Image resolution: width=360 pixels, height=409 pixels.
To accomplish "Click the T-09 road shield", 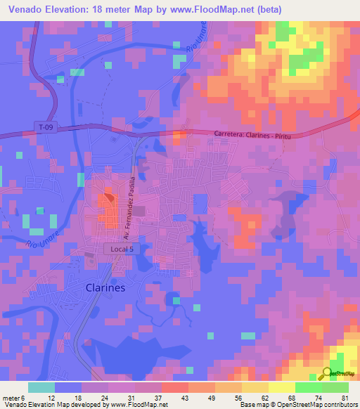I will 44,126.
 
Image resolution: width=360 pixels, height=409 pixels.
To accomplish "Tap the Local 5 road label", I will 117,249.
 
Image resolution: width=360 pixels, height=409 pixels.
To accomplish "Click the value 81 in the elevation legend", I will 345,397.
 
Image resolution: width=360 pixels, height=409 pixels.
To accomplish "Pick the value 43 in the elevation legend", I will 166,397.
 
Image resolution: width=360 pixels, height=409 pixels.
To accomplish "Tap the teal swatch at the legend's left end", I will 41,387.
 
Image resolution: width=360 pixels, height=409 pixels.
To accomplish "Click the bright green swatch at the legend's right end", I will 335,387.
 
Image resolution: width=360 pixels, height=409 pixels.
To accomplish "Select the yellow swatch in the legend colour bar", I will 281,387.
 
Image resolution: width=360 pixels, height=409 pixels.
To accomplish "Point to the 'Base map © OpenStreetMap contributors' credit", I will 298,405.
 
